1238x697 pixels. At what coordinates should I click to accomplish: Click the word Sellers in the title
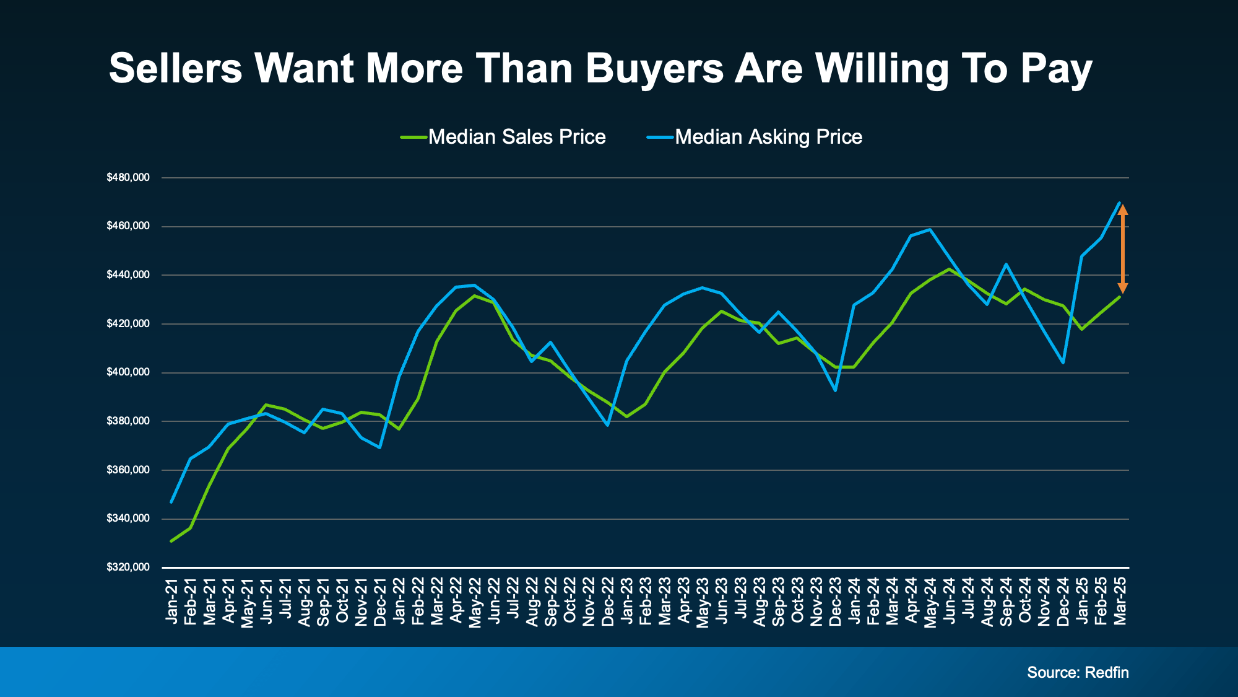(x=175, y=68)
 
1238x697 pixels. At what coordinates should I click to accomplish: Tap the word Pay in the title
(x=1056, y=69)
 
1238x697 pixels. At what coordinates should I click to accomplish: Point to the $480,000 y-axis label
(x=128, y=178)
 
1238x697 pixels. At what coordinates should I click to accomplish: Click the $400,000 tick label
(x=128, y=372)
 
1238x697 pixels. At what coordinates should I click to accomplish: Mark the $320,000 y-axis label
(x=128, y=568)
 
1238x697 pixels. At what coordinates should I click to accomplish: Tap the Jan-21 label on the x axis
(x=171, y=601)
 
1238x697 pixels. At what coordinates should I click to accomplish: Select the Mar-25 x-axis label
(x=1120, y=601)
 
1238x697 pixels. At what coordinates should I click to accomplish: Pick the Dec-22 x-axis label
(x=608, y=601)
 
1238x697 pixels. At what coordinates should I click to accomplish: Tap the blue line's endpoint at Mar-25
(x=1120, y=203)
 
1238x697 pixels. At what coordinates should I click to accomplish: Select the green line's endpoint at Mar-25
(x=1120, y=297)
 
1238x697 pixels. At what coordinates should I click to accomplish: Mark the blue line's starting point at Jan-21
(x=171, y=502)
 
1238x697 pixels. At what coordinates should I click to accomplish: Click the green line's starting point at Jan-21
(x=171, y=541)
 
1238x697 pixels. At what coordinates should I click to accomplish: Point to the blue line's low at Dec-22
(x=608, y=425)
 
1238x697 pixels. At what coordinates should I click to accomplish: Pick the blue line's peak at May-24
(x=930, y=229)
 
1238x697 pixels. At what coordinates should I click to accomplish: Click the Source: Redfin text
(x=1078, y=673)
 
